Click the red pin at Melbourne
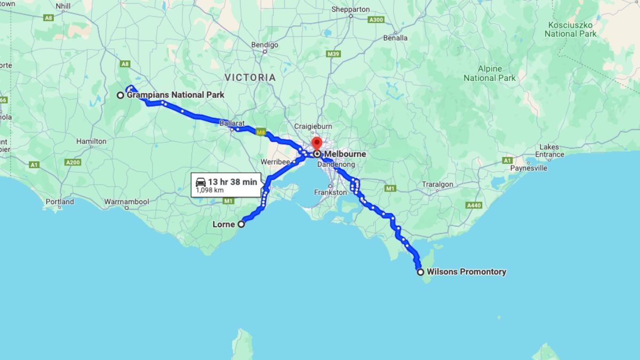[x=316, y=143]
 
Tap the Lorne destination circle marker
[x=241, y=225]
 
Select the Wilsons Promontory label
[x=466, y=272]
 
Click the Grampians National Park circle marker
[x=121, y=95]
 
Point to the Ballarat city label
[x=231, y=123]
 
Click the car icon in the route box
[x=201, y=182]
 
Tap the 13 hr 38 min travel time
[x=232, y=182]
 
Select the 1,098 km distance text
[x=209, y=190]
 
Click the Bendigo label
[x=265, y=45]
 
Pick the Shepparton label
[x=350, y=10]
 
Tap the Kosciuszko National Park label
[x=571, y=29]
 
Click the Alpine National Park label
[x=490, y=74]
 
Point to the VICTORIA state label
[x=250, y=77]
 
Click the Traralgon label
[x=437, y=185]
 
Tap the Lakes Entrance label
[x=549, y=151]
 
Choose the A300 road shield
[x=375, y=20]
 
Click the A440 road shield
[x=474, y=205]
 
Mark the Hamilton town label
[x=91, y=141]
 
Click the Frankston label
[x=330, y=192]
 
